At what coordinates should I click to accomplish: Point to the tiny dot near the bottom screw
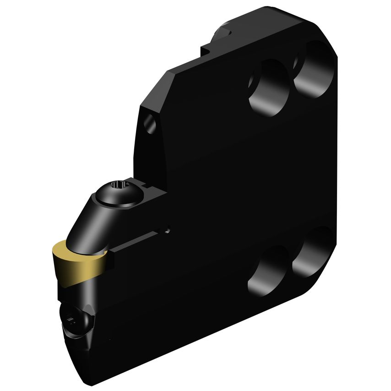[x=110, y=339]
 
